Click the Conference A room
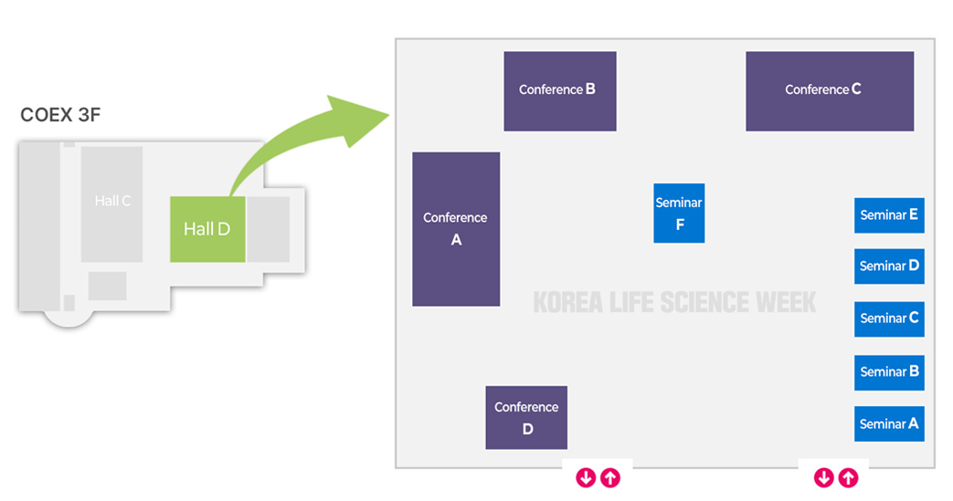click(456, 228)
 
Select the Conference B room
click(559, 90)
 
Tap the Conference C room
click(829, 90)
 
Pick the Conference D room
click(525, 417)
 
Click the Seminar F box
click(679, 214)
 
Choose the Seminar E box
click(889, 215)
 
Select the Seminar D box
click(889, 266)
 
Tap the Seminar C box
click(889, 318)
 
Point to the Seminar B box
click(889, 371)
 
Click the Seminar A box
click(889, 423)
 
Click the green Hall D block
click(207, 228)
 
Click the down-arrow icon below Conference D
click(586, 476)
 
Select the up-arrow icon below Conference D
click(610, 476)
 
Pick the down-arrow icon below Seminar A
click(823, 476)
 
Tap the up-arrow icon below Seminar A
click(848, 476)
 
